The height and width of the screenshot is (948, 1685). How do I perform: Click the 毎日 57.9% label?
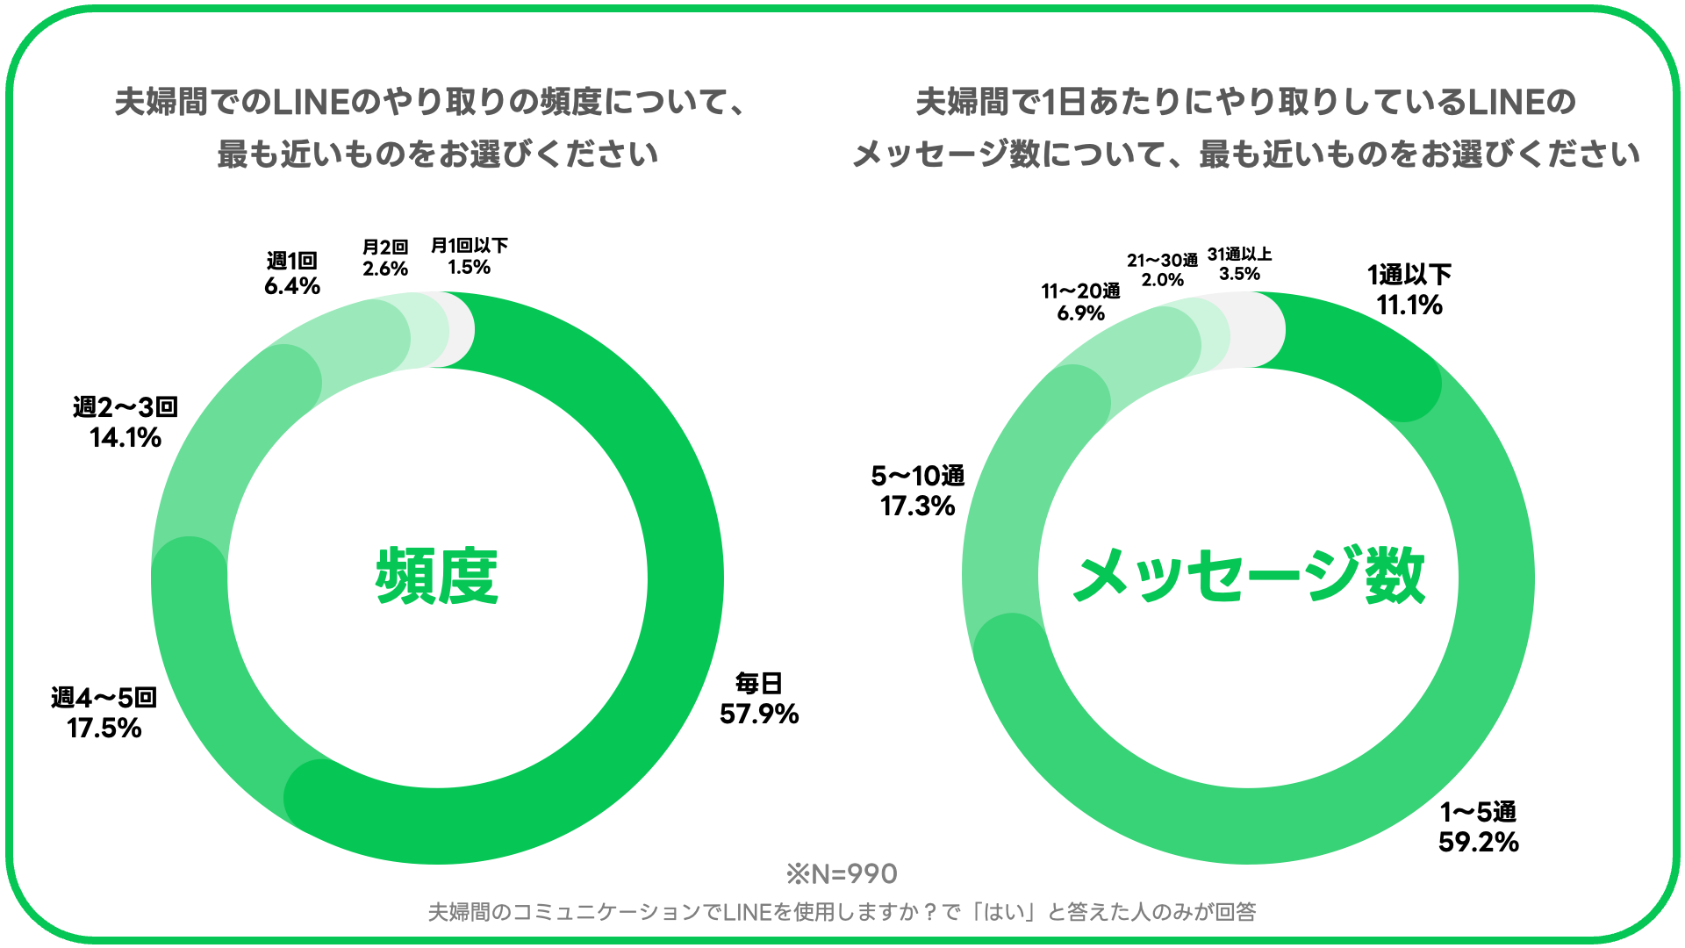(x=759, y=699)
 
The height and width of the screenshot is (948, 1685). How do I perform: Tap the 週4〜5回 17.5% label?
(x=104, y=713)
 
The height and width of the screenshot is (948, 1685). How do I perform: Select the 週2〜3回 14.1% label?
(x=125, y=422)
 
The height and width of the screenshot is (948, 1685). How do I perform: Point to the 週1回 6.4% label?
(x=292, y=273)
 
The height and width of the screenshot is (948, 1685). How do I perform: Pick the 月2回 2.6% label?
(x=385, y=258)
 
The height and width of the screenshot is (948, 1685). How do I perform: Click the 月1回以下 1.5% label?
(x=469, y=256)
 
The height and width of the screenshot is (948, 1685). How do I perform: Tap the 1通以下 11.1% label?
(x=1409, y=290)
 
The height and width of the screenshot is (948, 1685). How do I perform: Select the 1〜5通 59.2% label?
(x=1478, y=827)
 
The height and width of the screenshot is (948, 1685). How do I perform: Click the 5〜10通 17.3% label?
(x=918, y=491)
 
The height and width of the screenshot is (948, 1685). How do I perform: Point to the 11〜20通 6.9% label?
(x=1080, y=302)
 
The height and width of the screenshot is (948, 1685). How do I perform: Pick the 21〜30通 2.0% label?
(x=1162, y=270)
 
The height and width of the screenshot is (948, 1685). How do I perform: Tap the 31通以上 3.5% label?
(x=1239, y=263)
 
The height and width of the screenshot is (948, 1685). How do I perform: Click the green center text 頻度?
(x=437, y=577)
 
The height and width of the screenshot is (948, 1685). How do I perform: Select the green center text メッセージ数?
(x=1249, y=577)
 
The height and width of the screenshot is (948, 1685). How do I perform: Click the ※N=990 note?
(x=842, y=873)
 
